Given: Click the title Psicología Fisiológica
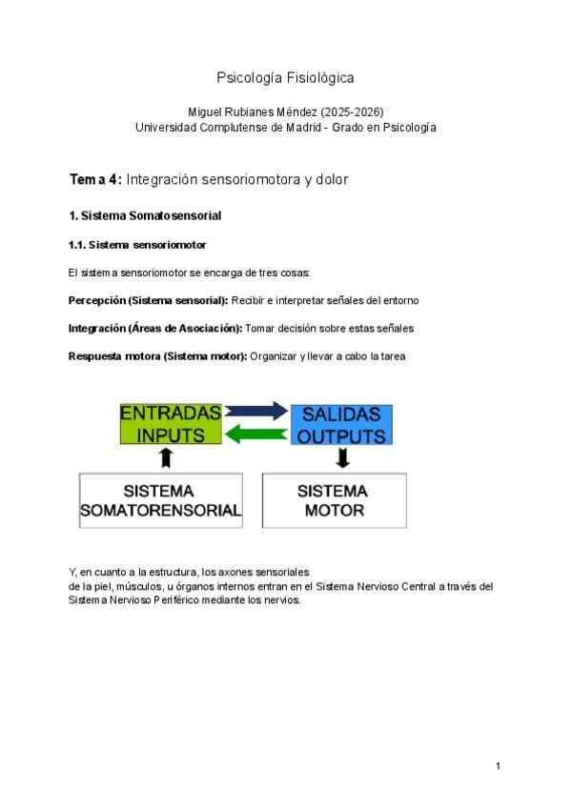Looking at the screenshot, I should (x=286, y=77).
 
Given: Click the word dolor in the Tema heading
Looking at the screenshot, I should (x=332, y=179).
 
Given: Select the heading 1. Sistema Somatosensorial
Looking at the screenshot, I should (x=145, y=215).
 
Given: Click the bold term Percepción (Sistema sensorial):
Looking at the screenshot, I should (x=148, y=300).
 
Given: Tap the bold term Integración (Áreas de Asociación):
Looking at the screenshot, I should (x=155, y=328).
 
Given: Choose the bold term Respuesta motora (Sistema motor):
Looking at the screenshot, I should (x=157, y=355).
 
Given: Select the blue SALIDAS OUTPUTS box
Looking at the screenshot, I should (x=341, y=425).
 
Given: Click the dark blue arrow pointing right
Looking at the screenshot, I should (x=255, y=412).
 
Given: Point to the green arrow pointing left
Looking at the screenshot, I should (x=255, y=434).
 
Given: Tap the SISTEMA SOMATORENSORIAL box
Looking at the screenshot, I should (x=160, y=500).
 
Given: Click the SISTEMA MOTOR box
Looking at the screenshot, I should (x=334, y=500).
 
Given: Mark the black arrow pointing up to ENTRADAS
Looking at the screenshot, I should (x=167, y=458).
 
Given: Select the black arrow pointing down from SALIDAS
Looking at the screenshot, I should (x=343, y=458).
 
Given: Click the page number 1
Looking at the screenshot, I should (x=498, y=766).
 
